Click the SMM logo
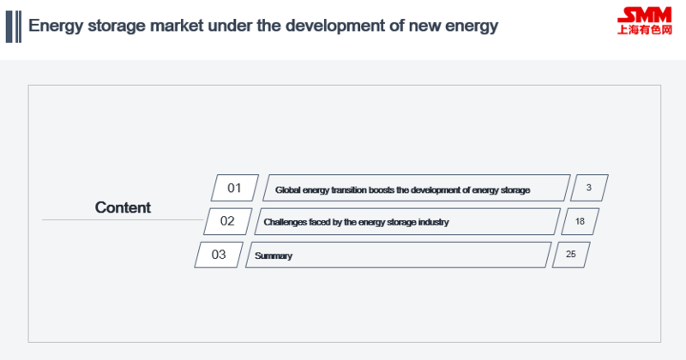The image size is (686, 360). [x=645, y=21]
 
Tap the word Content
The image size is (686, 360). [x=123, y=207]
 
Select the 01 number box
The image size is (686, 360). [x=234, y=188]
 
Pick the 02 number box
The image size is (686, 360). [x=227, y=221]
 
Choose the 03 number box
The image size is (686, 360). [x=219, y=255]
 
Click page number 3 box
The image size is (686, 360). [x=589, y=188]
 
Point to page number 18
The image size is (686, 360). [x=580, y=221]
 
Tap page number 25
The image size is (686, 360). [x=570, y=255]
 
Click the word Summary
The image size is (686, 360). [x=274, y=256]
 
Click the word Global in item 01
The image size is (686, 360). [x=287, y=189]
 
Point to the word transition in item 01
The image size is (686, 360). [x=349, y=189]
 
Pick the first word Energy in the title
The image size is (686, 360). [x=56, y=27]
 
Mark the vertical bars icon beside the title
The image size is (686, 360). [x=14, y=27]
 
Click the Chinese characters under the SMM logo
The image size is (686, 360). [x=645, y=30]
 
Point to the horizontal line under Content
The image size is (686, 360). [x=123, y=219]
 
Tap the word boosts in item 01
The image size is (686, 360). [x=382, y=189]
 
